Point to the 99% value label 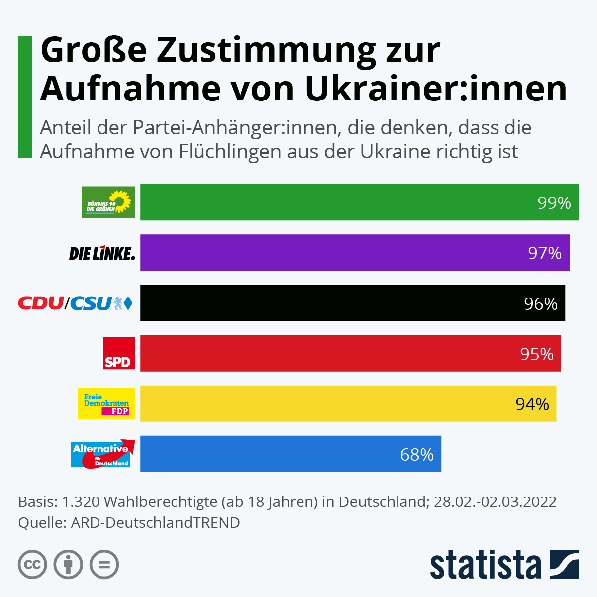click(x=554, y=203)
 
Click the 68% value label click(x=417, y=455)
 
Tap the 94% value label click(x=532, y=404)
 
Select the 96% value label click(x=541, y=304)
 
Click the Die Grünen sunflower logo click(x=108, y=202)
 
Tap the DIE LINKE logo click(x=102, y=253)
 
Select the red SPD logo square click(x=119, y=353)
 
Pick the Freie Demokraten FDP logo click(x=106, y=403)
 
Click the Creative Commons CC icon click(x=33, y=565)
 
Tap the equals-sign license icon click(x=104, y=565)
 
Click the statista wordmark click(x=485, y=565)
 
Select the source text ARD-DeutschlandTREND click(x=155, y=523)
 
